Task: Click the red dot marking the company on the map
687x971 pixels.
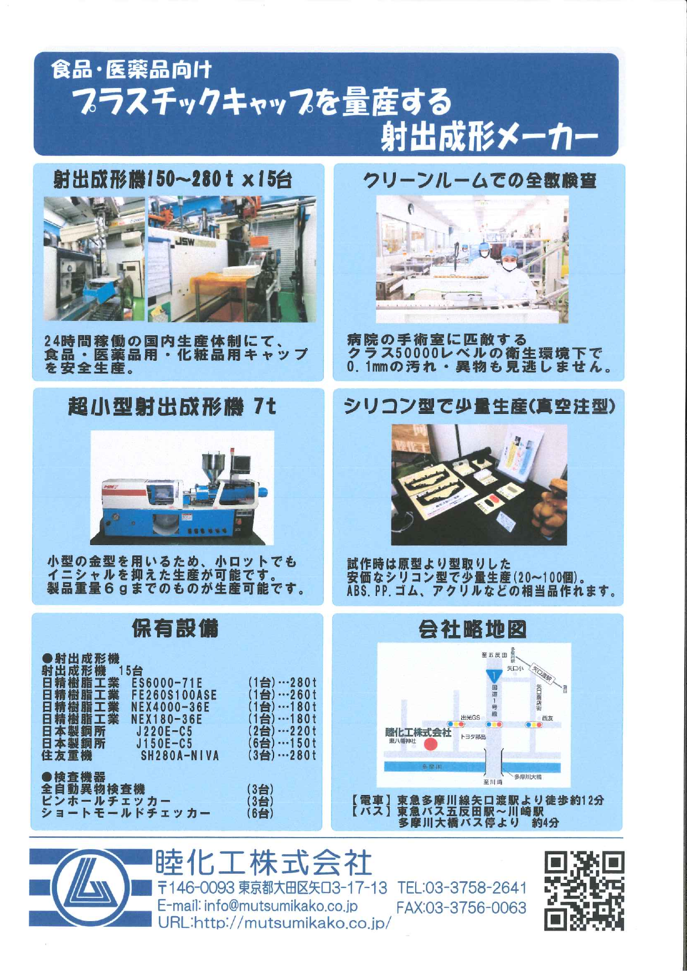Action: [431, 744]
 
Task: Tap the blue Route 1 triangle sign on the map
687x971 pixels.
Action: [494, 676]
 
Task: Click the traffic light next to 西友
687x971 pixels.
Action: [534, 725]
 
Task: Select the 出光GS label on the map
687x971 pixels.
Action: [471, 718]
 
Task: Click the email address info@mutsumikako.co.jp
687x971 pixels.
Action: [257, 906]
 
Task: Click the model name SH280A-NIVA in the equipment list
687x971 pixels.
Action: [180, 756]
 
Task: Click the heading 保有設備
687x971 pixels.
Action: [175, 628]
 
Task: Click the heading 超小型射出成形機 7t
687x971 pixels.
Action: [172, 407]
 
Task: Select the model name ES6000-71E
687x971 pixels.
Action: [167, 683]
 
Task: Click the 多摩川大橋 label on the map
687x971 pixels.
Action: [528, 777]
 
